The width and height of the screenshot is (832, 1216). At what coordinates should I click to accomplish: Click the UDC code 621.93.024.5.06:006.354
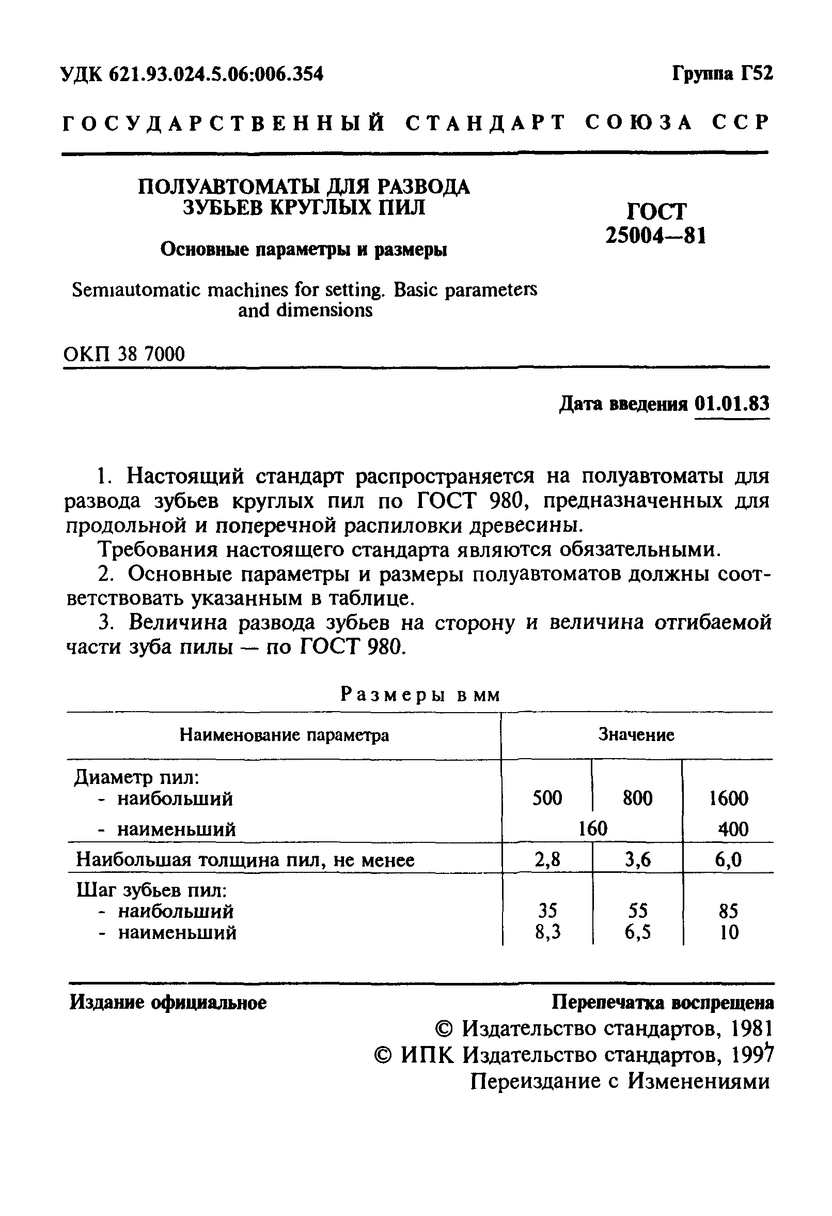[x=215, y=74]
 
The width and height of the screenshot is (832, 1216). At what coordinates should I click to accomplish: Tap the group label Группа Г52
[x=721, y=73]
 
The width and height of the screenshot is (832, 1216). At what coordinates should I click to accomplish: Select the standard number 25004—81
[x=656, y=237]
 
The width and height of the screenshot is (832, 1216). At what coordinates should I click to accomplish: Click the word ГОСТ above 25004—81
[x=656, y=211]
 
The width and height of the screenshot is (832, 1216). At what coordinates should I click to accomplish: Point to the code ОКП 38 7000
[x=124, y=355]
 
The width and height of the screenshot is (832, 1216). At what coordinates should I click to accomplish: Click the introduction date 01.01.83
[x=732, y=404]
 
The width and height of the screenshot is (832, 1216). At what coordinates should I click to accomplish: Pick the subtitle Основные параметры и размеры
[x=303, y=250]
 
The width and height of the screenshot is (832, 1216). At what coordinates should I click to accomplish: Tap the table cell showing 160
[x=592, y=829]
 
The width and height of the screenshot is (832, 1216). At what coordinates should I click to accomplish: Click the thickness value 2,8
[x=547, y=860]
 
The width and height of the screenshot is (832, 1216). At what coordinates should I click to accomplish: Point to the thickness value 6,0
[x=728, y=860]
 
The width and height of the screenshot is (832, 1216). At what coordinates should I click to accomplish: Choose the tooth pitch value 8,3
[x=547, y=932]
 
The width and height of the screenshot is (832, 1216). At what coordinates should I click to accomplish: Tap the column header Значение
[x=636, y=735]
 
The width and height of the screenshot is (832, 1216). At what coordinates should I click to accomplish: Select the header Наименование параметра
[x=284, y=735]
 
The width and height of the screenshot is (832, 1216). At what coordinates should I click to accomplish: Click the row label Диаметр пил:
[x=137, y=778]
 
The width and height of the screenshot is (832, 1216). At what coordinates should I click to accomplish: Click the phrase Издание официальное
[x=168, y=1003]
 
